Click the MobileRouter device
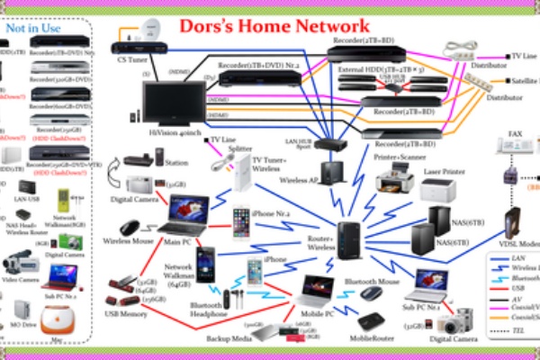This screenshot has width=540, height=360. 371,322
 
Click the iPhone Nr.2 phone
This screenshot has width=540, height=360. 240,220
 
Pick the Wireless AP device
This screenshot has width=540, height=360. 333,170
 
